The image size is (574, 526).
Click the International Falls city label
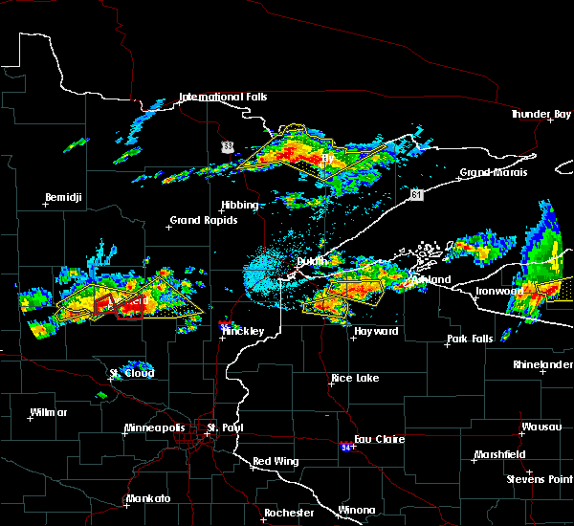[x=223, y=97]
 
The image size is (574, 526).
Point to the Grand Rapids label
[x=198, y=220]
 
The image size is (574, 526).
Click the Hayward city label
[x=375, y=331]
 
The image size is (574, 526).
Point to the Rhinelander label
[x=541, y=363]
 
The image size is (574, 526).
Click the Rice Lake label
[x=354, y=378]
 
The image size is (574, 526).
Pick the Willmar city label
[x=48, y=412]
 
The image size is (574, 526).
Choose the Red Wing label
[x=276, y=461]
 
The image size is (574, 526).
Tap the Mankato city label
[x=147, y=498]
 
